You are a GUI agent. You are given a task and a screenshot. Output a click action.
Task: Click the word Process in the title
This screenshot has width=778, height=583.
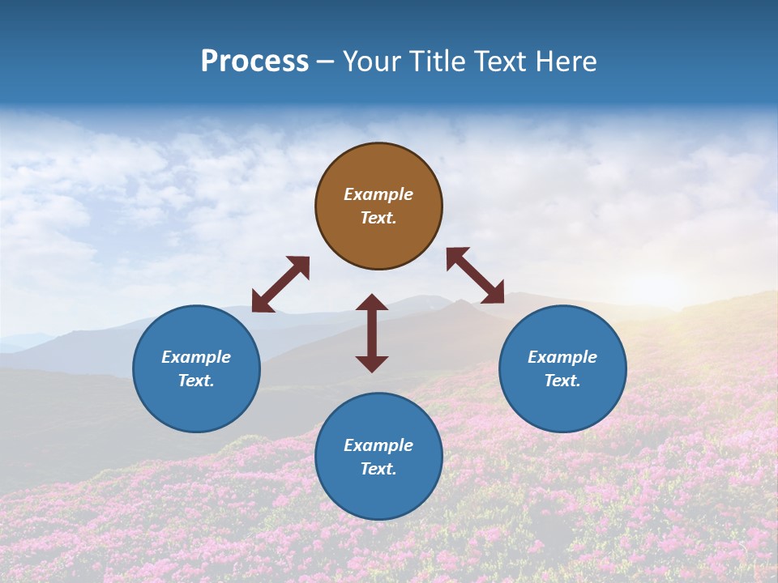(254, 62)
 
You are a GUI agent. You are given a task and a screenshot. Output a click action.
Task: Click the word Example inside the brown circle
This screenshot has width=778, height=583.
(378, 194)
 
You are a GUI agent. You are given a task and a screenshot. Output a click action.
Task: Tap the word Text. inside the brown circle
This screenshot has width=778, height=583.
(378, 219)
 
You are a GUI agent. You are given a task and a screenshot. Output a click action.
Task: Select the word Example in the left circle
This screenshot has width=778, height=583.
(196, 357)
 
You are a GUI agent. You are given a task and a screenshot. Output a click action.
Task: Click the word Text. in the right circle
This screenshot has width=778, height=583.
(562, 381)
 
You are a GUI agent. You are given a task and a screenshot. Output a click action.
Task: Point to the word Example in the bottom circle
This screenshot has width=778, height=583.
(378, 445)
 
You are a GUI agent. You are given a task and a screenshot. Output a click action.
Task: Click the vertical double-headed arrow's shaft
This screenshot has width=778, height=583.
(372, 333)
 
